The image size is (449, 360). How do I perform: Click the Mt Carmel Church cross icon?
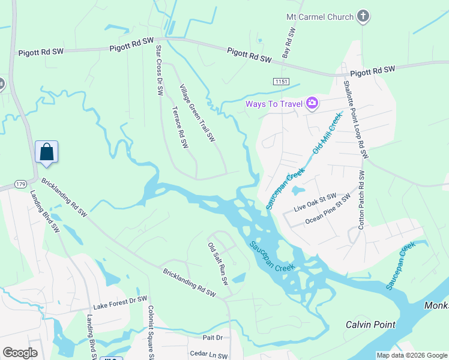363,17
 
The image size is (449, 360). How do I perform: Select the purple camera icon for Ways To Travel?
312,104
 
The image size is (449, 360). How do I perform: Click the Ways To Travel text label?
274,104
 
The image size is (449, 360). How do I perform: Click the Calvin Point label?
370,325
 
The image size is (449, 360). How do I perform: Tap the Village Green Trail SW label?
197,112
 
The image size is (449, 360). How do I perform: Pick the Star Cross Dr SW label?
159,70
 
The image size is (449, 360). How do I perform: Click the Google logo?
20,352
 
